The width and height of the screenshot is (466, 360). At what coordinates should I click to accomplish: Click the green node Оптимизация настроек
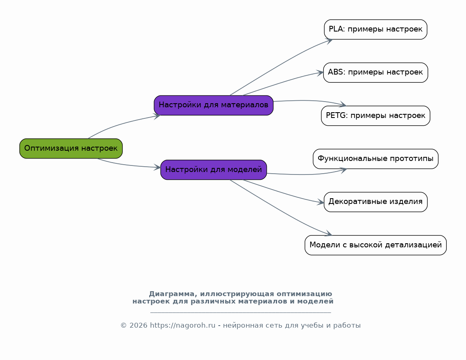tap(71, 148)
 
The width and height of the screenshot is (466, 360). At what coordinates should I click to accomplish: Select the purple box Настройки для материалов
tap(214, 105)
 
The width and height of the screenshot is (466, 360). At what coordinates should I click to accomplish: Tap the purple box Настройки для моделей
tap(214, 170)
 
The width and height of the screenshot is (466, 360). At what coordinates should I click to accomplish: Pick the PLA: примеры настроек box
tap(375, 29)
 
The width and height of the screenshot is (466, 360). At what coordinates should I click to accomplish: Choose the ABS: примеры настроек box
tap(375, 72)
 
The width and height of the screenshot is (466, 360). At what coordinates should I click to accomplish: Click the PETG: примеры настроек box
tap(375, 115)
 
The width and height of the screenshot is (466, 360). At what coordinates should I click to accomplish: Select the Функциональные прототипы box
tap(375, 159)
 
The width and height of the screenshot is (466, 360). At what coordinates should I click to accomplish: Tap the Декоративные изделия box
tap(375, 202)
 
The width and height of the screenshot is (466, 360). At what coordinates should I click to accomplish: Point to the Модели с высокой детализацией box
tap(375, 245)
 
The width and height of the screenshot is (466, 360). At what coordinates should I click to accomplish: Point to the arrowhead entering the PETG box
tap(343, 105)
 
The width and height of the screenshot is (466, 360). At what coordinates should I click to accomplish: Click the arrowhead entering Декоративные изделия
tap(321, 202)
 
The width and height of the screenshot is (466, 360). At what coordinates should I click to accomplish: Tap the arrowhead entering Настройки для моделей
tap(157, 167)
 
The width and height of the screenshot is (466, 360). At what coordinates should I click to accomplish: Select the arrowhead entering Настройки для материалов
tap(157, 116)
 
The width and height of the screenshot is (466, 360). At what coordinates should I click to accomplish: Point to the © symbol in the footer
tap(123, 326)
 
